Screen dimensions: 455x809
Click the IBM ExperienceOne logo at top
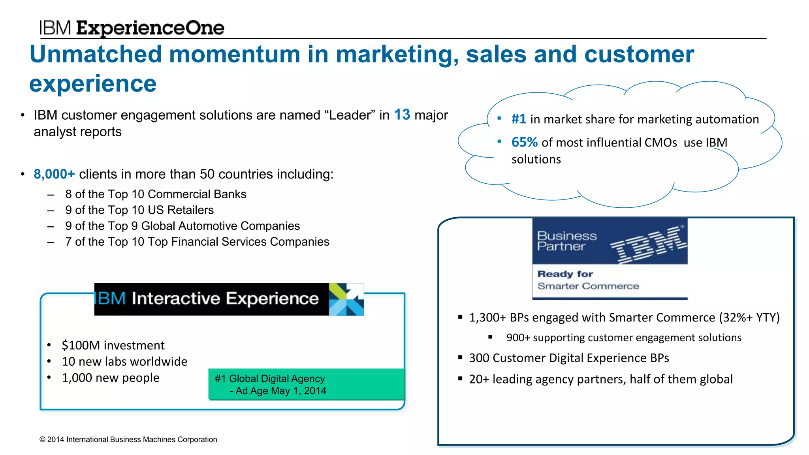[132, 28]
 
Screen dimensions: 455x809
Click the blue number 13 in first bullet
[402, 115]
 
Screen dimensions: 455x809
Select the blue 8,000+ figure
[54, 174]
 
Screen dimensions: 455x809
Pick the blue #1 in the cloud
[518, 119]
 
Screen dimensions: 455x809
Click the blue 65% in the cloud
[524, 142]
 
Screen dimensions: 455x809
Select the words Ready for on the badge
[565, 274]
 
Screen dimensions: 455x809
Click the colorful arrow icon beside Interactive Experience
[346, 299]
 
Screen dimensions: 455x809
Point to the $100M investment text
[113, 345]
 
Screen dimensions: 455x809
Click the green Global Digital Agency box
[307, 384]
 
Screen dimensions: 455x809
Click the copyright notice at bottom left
[128, 440]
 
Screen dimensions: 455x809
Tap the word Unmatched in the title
[96, 54]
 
